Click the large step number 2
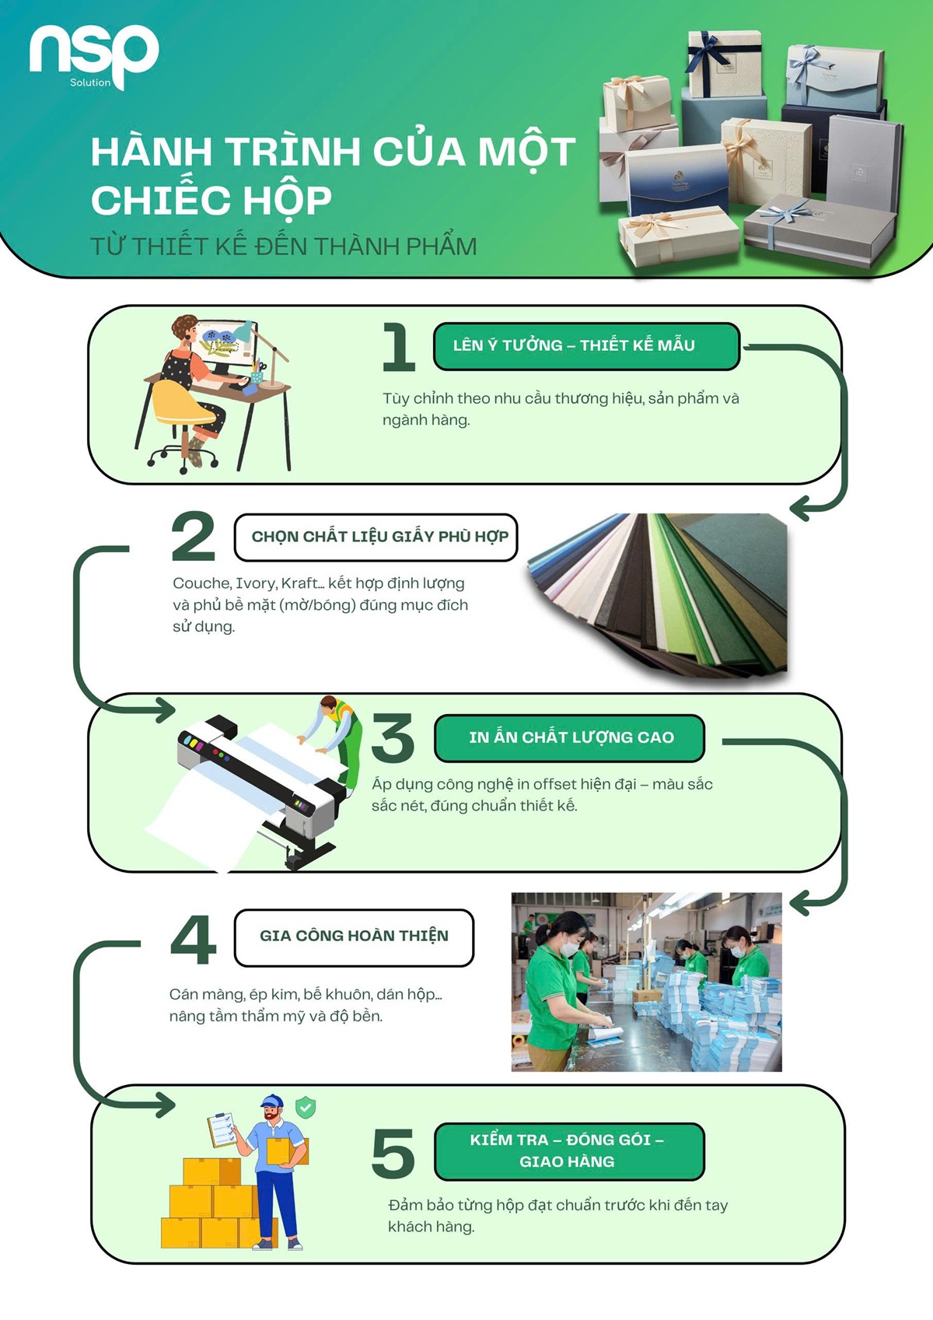tap(193, 536)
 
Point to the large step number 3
tap(393, 737)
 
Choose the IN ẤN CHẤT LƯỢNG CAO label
tap(570, 738)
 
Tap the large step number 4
tap(193, 940)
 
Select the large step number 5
tap(393, 1154)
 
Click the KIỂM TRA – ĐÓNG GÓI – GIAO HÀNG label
tap(569, 1152)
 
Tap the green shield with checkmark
tap(305, 1108)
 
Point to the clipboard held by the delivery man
tap(222, 1129)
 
